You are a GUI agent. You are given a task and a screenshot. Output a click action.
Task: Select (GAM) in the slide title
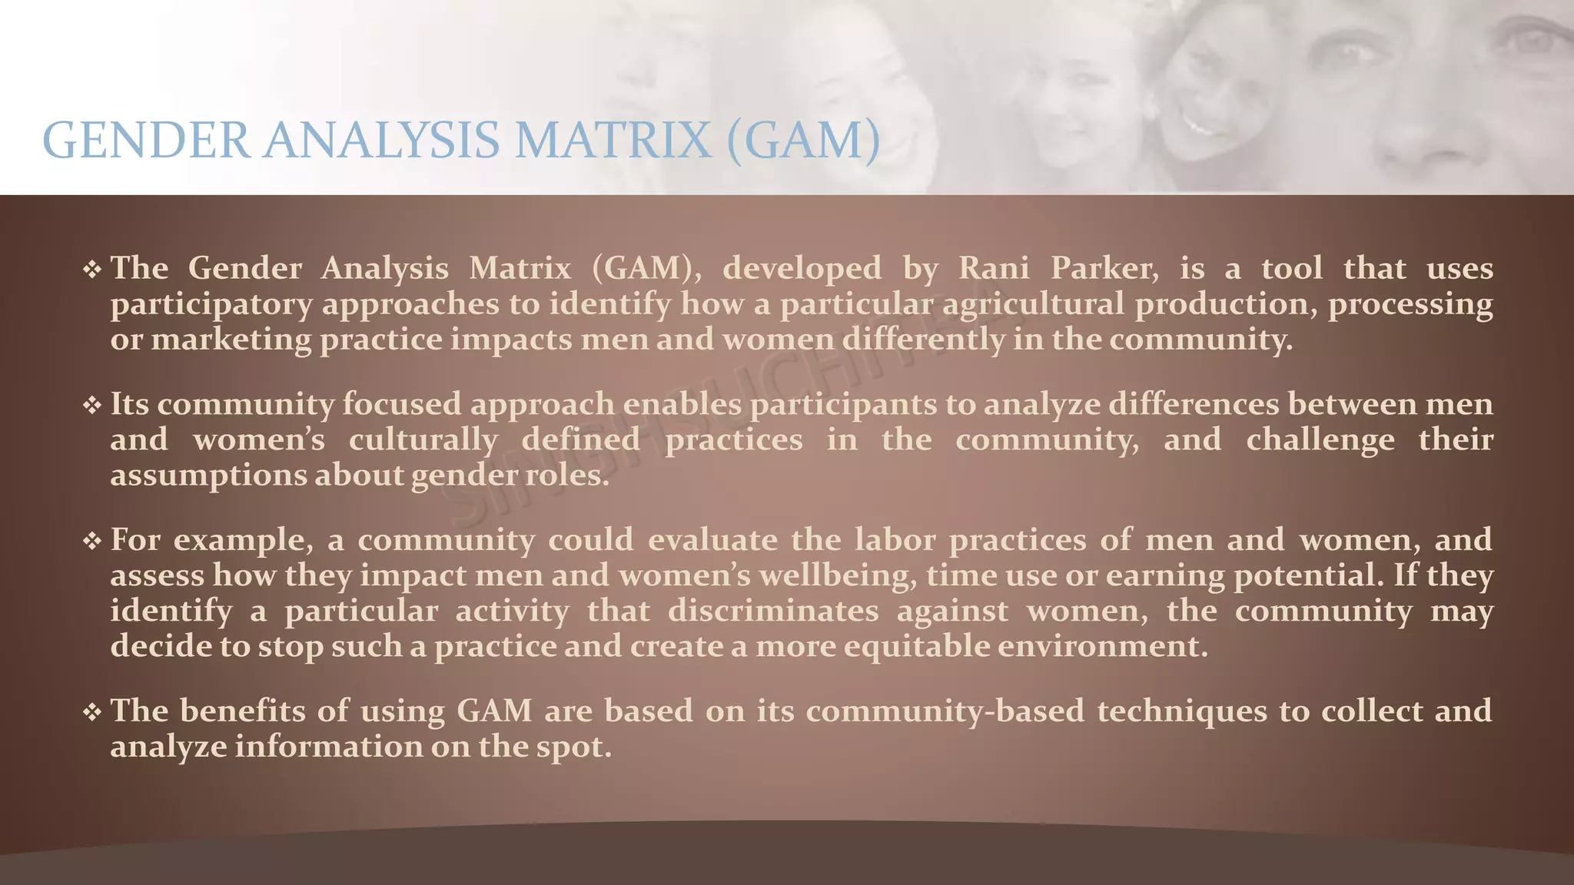(x=802, y=141)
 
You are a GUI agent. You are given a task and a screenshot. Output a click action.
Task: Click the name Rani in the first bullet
(x=993, y=268)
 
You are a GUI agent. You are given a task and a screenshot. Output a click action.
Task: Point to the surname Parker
(x=1104, y=268)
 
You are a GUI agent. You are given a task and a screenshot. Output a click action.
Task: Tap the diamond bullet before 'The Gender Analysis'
(x=92, y=269)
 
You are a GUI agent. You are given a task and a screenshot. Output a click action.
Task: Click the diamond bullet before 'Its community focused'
(x=92, y=405)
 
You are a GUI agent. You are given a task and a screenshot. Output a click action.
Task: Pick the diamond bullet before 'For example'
(x=92, y=541)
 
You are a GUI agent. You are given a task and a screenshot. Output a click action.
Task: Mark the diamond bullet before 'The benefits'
(x=92, y=712)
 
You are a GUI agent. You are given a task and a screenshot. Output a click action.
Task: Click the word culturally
(x=423, y=440)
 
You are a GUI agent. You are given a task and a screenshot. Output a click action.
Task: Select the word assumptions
(x=208, y=476)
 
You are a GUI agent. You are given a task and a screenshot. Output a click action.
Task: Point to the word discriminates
(x=772, y=611)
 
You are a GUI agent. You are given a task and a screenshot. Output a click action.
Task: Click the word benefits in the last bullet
(x=243, y=711)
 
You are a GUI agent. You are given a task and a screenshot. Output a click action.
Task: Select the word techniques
(x=1181, y=711)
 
